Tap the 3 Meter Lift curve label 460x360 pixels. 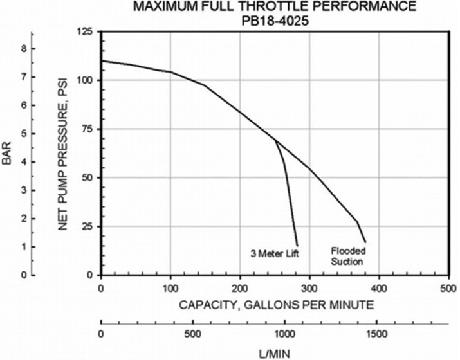tap(275, 253)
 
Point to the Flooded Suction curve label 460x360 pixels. tap(347, 256)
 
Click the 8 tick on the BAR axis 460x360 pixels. tap(24, 48)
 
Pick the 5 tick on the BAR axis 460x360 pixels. tap(24, 134)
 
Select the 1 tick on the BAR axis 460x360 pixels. tap(24, 247)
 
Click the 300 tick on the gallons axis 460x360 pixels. tap(309, 286)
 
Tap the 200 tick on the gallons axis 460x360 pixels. tap(240, 286)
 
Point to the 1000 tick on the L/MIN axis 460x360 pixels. tap(284, 334)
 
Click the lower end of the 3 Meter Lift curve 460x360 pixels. tap(297, 245)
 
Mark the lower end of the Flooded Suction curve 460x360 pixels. tap(365, 242)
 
